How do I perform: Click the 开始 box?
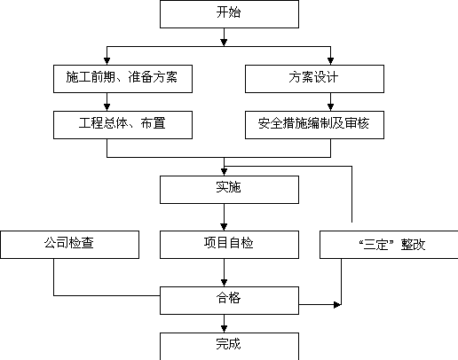[x=229, y=14]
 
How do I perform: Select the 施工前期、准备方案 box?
[x=122, y=79]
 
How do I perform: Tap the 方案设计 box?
[x=314, y=79]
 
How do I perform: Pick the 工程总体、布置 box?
[x=122, y=125]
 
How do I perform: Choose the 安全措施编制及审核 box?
[x=314, y=125]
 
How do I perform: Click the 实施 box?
[x=229, y=190]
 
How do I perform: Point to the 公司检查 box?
[x=69, y=245]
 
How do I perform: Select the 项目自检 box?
[x=229, y=245]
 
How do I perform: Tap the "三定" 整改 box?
[x=389, y=245]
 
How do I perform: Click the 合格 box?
[x=229, y=301]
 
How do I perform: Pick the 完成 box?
[x=229, y=347]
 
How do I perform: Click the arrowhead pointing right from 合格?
[x=337, y=304]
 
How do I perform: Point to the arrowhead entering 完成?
[x=224, y=329]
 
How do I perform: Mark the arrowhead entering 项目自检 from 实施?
[x=224, y=227]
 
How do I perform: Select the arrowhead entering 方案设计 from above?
[x=330, y=61]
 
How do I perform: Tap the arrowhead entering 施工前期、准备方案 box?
[x=107, y=61]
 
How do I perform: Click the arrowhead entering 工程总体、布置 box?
[x=107, y=107]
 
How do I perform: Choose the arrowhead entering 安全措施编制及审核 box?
[x=330, y=107]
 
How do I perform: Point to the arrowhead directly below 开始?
[x=224, y=43]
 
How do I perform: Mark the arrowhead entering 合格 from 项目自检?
[x=224, y=283]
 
